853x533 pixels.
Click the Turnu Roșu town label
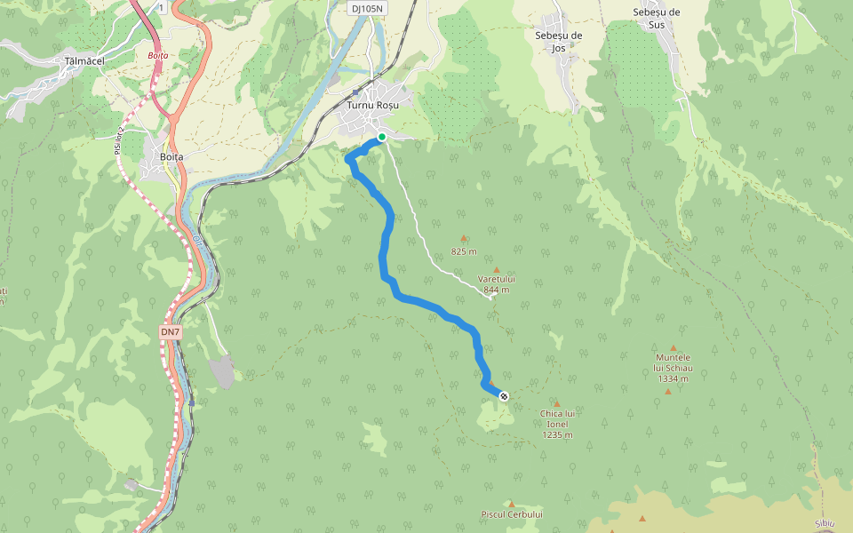pos(372,105)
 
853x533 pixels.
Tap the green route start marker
pos(381,137)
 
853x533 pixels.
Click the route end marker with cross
pos(504,396)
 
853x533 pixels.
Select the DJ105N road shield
pos(366,8)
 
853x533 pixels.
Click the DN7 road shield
pos(170,332)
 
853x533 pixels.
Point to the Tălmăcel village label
pos(85,61)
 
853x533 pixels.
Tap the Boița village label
pos(171,156)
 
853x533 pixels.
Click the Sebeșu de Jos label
pos(558,42)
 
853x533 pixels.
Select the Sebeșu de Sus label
pos(657,18)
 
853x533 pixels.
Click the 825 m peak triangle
pos(463,238)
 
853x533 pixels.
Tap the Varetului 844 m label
pos(497,284)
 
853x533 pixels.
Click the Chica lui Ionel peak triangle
pos(557,403)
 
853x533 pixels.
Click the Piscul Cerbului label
pos(512,514)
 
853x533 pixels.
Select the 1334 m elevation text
pos(673,378)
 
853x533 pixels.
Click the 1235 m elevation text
pos(557,435)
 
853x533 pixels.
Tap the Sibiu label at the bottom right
pos(826,523)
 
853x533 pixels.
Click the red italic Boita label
pos(157,55)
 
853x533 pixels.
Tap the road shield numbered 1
pos(162,7)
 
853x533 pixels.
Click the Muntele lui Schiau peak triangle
pos(674,348)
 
